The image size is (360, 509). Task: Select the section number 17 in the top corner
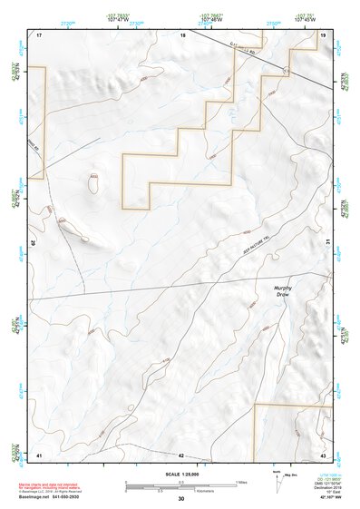pos(39,34)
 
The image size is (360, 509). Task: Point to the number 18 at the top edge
pos(182,34)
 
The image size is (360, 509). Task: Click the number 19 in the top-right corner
pos(323,34)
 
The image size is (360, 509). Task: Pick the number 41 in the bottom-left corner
pos(39,454)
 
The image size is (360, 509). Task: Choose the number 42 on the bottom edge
pos(181,455)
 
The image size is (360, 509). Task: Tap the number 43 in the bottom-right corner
pos(323,454)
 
